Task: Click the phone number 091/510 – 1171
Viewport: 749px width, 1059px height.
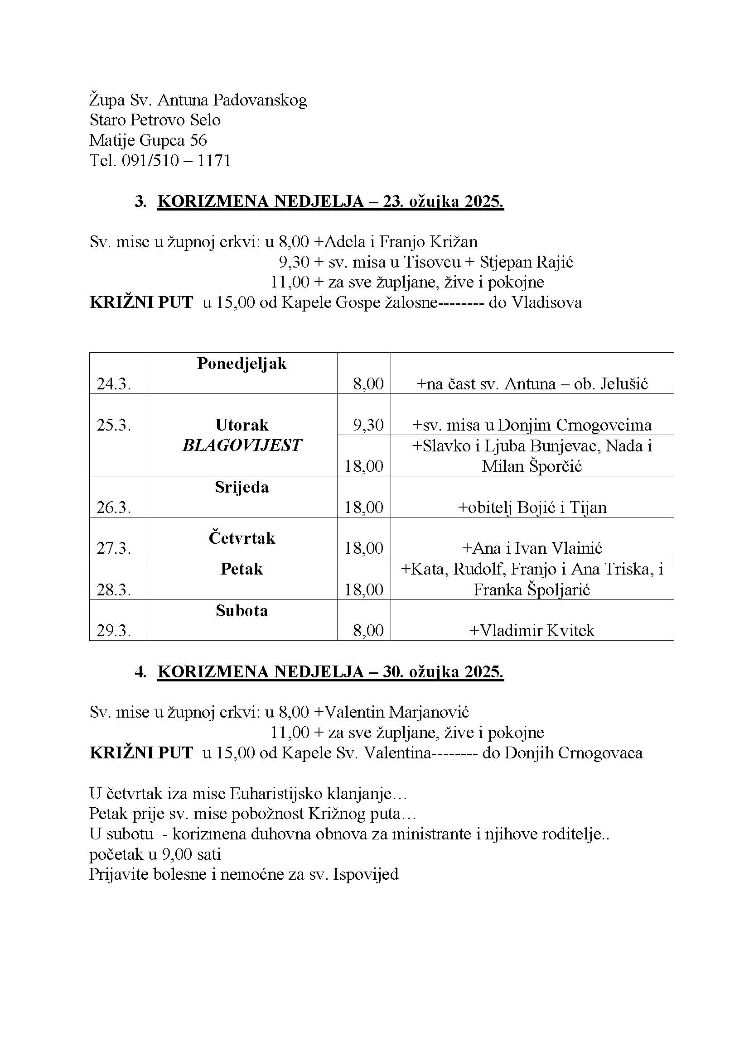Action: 176,161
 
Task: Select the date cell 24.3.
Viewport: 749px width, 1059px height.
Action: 114,384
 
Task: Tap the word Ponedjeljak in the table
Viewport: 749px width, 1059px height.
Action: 242,364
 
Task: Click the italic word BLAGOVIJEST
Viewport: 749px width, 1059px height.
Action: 242,445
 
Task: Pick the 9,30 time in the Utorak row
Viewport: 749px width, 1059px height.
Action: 368,425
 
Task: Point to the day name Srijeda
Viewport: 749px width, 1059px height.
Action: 242,487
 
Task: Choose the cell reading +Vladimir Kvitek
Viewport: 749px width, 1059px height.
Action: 532,631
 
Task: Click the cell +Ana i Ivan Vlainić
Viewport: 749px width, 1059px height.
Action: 532,548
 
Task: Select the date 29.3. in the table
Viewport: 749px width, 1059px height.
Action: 114,631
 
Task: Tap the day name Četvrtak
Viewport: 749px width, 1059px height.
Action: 242,538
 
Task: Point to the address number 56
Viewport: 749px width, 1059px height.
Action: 198,140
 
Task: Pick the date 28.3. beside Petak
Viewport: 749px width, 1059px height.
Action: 114,589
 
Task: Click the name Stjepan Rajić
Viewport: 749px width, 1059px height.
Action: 526,263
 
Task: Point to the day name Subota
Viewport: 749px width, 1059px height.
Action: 242,611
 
